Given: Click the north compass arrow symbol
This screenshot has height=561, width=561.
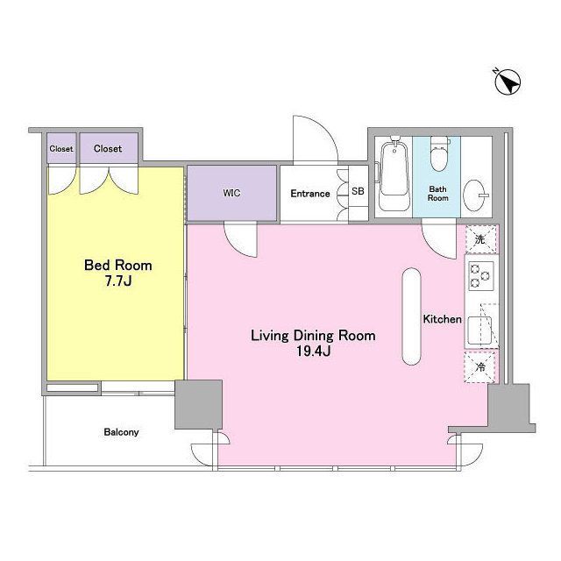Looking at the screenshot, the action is click(508, 82).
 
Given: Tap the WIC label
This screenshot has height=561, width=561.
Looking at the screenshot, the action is click(231, 193).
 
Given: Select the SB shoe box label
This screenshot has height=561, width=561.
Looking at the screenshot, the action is click(358, 191).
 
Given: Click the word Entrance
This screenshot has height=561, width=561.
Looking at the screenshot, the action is click(310, 194).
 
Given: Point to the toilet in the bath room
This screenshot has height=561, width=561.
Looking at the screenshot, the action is click(440, 154).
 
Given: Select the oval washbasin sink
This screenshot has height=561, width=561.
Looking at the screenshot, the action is click(474, 195).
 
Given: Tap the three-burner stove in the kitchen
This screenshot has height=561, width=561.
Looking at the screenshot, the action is click(481, 276).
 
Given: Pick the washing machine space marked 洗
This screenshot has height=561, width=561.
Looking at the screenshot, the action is click(481, 239).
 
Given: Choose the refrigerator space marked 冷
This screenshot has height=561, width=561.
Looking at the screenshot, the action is click(480, 366).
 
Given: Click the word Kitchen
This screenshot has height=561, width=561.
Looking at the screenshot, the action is click(442, 319).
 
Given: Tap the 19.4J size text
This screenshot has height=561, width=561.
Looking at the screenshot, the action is click(314, 352).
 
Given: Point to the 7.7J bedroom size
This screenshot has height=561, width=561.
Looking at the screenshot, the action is click(118, 281).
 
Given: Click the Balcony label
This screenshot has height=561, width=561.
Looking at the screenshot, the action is click(121, 432).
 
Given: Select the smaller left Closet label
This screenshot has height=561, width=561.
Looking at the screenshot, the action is click(61, 148).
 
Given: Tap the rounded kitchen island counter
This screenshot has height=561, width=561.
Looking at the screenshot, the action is click(411, 316).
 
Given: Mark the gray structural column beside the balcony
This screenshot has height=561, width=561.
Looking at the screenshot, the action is click(198, 404).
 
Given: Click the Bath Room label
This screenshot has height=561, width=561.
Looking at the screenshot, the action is click(438, 193).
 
